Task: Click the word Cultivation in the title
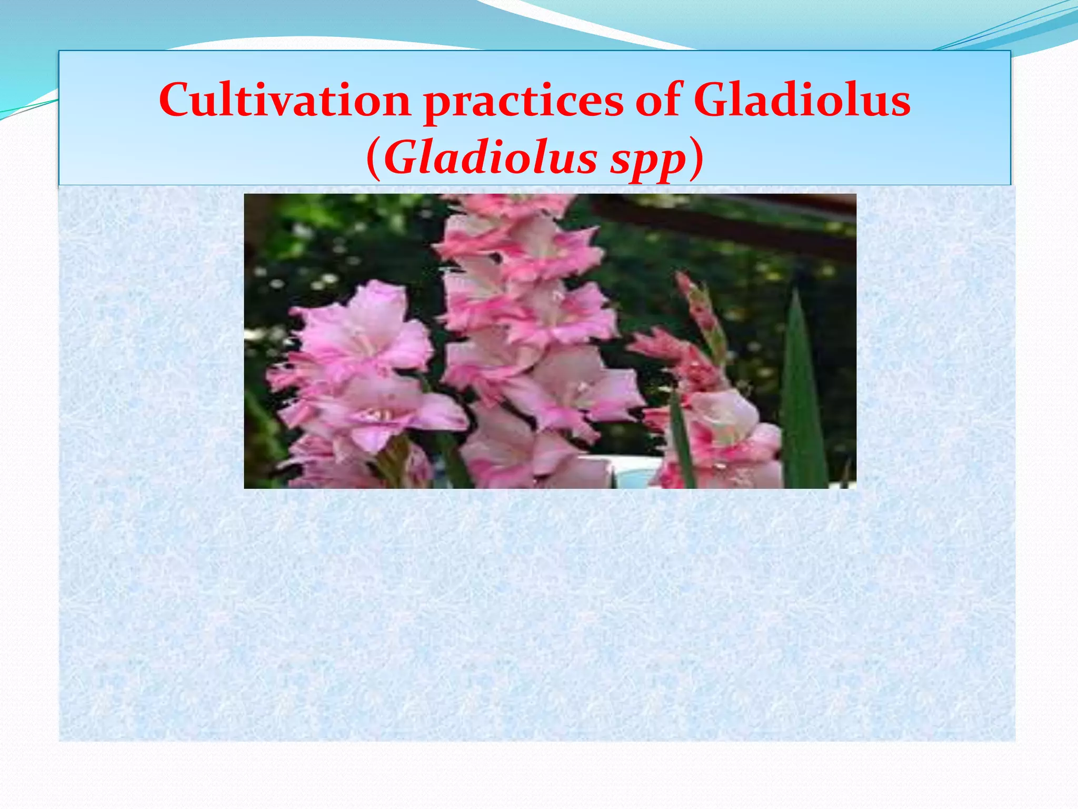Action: (284, 100)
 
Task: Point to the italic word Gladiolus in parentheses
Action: (490, 159)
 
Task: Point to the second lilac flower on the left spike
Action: (379, 411)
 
